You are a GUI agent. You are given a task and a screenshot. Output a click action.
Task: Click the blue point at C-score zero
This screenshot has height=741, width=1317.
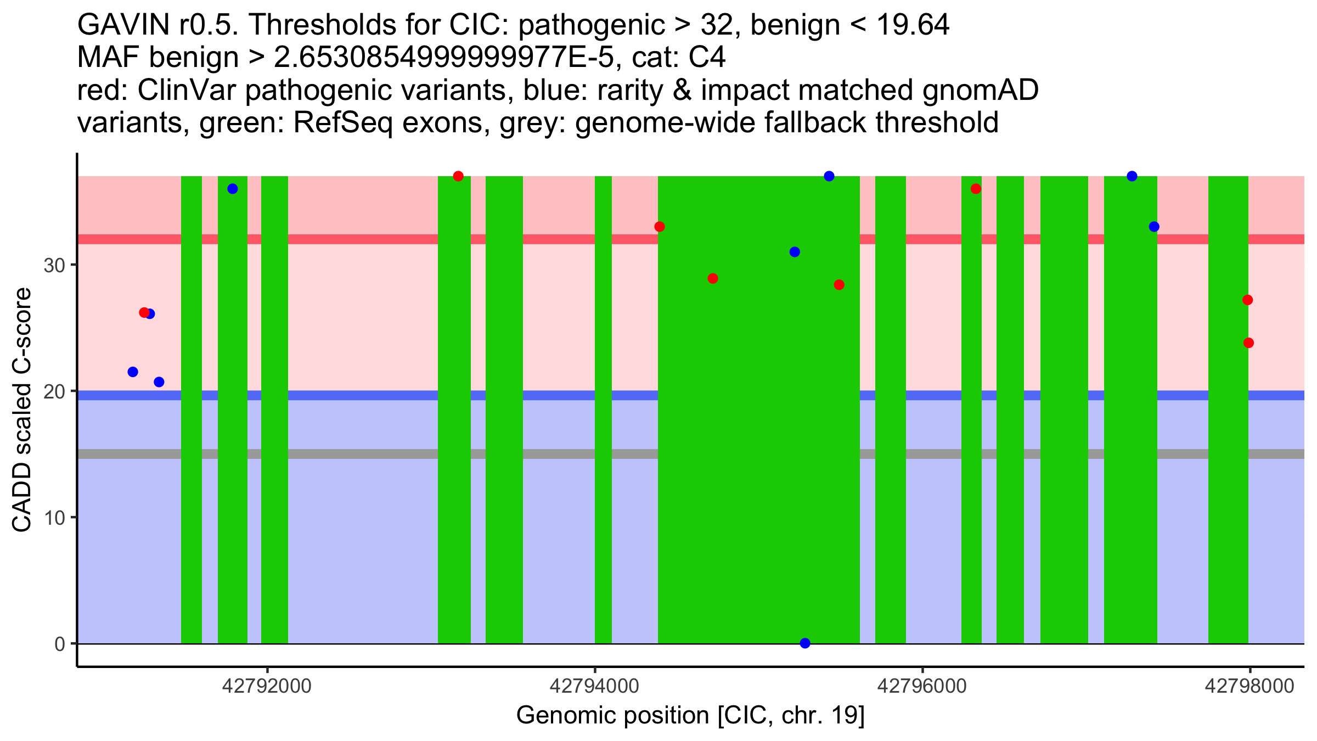805,643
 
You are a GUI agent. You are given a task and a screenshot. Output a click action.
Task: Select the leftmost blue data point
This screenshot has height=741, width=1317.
133,372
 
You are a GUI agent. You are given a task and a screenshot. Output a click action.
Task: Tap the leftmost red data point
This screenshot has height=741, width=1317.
144,313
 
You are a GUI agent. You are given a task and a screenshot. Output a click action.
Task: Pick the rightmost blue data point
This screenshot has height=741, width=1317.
1154,227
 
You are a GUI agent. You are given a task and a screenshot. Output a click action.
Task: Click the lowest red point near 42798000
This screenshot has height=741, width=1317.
1248,343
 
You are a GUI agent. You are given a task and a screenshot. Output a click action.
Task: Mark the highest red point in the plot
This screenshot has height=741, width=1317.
458,176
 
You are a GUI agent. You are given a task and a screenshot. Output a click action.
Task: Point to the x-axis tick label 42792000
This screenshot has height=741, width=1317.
267,686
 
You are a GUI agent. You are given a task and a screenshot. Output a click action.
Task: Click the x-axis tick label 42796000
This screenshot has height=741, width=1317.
922,686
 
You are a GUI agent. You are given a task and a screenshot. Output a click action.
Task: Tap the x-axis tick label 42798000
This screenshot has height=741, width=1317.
1250,686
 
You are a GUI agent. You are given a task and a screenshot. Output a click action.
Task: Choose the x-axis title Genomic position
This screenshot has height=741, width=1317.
690,716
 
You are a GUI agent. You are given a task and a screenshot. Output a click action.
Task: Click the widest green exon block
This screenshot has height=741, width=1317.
758,412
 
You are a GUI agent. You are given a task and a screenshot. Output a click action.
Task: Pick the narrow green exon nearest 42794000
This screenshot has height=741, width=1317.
603,412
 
